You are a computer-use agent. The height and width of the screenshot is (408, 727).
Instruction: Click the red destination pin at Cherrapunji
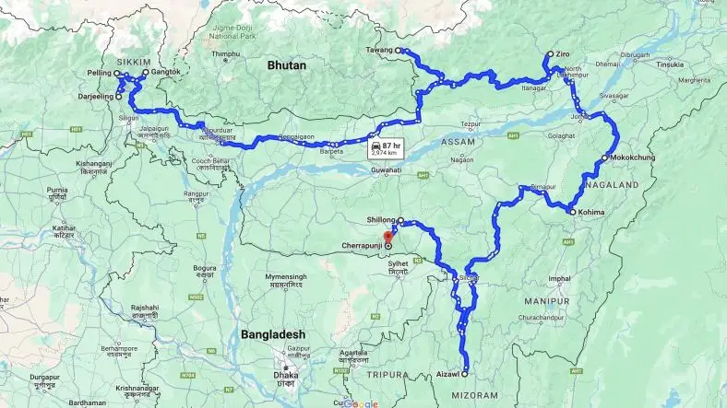point(387,239)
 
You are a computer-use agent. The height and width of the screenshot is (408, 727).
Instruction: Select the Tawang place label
point(378,50)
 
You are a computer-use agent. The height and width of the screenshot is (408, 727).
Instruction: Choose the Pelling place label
point(100,72)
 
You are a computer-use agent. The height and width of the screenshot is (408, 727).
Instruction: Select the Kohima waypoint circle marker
point(571,213)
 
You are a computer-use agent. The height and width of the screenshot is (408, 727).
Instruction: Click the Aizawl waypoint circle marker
point(464,374)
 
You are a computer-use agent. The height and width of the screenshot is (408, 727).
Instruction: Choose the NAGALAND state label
point(612,185)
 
